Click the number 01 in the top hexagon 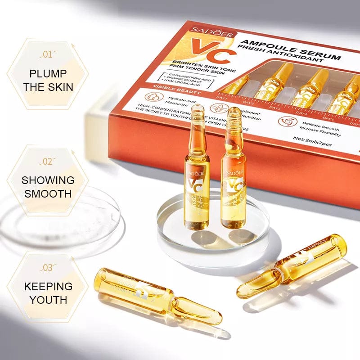click(x=47, y=55)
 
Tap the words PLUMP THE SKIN click(x=48, y=80)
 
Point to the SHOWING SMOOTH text click(x=48, y=187)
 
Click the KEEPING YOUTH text click(x=48, y=292)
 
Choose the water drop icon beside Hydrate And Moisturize click(x=150, y=99)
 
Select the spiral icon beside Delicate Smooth click(x=285, y=122)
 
